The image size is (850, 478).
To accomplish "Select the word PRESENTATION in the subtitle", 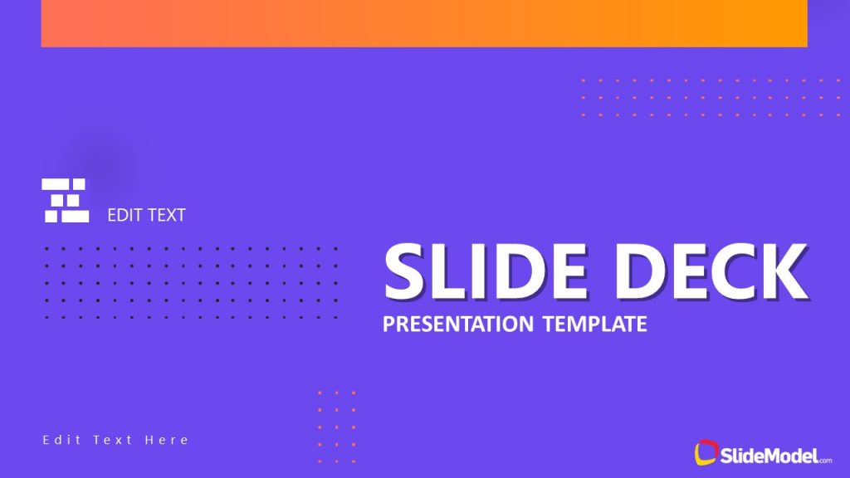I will pos(458,323).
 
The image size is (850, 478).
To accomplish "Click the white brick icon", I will pos(66,200).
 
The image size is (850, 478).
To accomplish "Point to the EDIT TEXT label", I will pos(146,215).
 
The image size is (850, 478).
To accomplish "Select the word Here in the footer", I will pos(167,440).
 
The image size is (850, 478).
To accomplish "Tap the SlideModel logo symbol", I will pos(706,452).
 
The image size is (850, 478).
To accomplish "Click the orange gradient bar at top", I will pos(424,23).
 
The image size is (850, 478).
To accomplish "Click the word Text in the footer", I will pos(113,440).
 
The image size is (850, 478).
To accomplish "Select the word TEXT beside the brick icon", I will pos(166,215).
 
